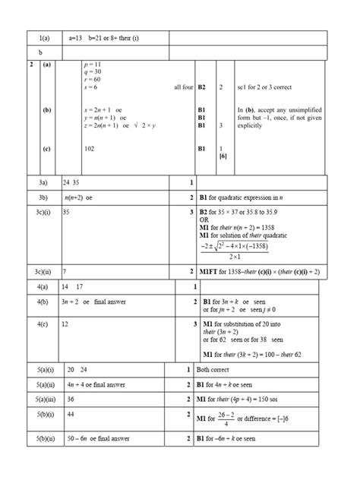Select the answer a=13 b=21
pos(87,37)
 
